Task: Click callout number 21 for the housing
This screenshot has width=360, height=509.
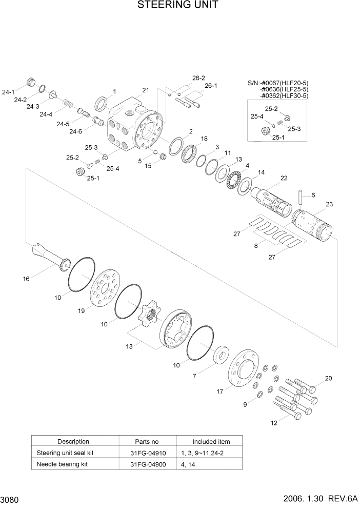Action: (x=146, y=90)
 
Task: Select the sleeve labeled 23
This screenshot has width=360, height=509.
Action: (x=313, y=226)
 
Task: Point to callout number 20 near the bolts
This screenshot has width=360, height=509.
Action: (x=328, y=379)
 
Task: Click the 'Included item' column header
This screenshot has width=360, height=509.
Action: (x=211, y=441)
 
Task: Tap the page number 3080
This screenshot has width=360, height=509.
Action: (x=11, y=499)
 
